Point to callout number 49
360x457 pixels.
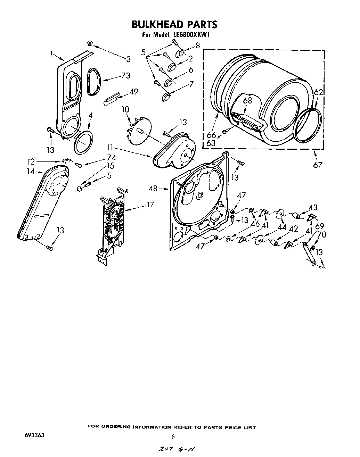coord(133,92)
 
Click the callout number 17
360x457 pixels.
coord(150,205)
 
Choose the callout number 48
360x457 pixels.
coord(153,189)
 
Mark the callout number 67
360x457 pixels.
coord(318,165)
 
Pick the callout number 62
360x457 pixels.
coord(318,93)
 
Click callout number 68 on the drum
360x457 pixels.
coord(247,101)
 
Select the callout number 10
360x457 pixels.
coord(125,110)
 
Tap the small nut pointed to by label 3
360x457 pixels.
coord(90,43)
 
